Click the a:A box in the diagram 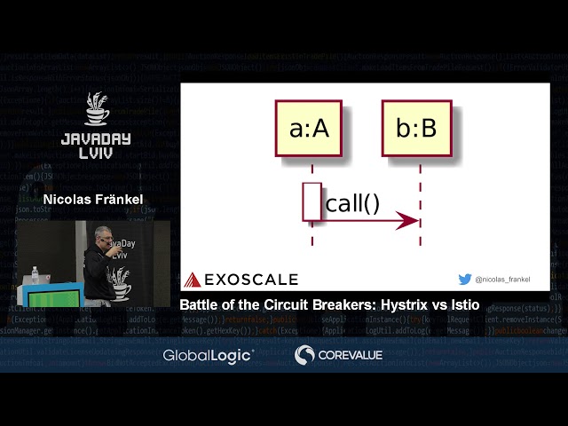(309, 129)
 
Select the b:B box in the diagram (417, 129)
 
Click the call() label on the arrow (352, 203)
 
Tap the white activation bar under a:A (312, 201)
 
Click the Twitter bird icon (464, 279)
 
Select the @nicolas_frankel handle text (502, 280)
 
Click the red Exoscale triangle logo (193, 280)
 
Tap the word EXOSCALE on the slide (251, 280)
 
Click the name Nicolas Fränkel (93, 200)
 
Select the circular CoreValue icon (304, 355)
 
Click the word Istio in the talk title (464, 304)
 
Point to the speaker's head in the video (102, 235)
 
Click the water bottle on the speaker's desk (35, 275)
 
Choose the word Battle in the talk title (199, 304)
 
